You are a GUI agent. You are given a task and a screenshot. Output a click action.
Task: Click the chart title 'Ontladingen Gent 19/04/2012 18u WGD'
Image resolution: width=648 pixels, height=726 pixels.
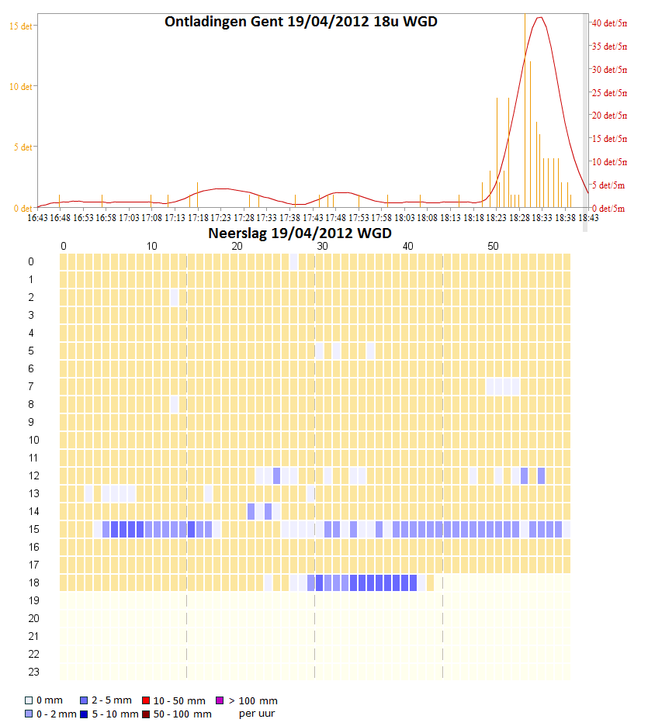point(300,22)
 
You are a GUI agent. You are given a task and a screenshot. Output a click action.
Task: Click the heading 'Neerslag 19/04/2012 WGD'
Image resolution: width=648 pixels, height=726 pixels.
point(300,233)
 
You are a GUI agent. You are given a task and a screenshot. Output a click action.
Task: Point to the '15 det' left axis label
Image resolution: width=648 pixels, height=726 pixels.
point(20,26)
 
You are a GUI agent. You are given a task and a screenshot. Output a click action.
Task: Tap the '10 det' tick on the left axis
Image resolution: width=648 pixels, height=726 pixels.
point(20,86)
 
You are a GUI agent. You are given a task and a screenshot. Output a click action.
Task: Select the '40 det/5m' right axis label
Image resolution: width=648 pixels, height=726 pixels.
point(609,23)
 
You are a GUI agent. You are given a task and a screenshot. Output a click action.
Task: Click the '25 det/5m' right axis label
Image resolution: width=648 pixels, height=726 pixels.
point(609,93)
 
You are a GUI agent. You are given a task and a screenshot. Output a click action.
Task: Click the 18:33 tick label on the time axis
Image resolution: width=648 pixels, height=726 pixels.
point(542,218)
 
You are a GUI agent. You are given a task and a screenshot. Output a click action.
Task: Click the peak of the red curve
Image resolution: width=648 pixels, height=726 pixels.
point(540,18)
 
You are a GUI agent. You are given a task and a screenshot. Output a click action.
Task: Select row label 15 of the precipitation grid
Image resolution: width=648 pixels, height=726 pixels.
point(31,529)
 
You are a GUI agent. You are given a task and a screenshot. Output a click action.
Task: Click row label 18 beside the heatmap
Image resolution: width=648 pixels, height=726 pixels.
point(31,583)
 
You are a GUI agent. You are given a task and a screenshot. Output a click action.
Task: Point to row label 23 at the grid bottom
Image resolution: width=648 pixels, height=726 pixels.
point(31,672)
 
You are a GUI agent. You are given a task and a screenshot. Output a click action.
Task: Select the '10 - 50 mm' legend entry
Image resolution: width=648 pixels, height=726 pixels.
point(178,701)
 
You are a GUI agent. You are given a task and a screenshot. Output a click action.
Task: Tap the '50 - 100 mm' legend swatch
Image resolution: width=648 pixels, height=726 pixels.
point(146,714)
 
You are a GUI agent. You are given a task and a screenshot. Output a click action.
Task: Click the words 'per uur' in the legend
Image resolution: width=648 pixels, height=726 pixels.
point(256,714)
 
